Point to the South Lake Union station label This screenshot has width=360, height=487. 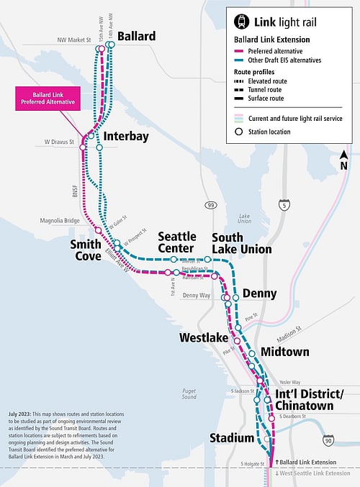241,243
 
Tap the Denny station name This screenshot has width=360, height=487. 259,293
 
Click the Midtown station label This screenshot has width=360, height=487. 284,352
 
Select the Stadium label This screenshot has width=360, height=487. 231,438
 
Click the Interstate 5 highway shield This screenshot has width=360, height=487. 286,206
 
